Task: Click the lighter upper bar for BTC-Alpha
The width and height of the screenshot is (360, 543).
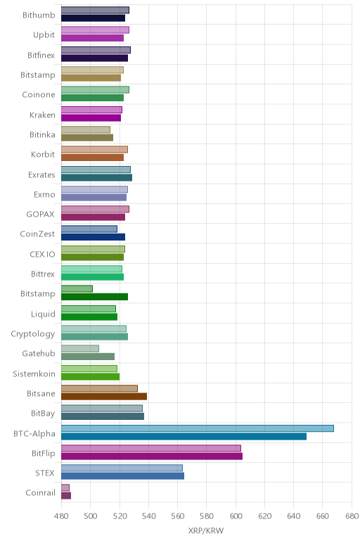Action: tap(198, 428)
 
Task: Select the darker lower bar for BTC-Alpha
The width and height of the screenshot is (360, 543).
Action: tap(184, 436)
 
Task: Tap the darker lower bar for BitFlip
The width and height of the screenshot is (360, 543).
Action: tap(152, 456)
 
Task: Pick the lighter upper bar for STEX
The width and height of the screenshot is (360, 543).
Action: tap(122, 468)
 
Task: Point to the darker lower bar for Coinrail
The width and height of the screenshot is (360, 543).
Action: tap(66, 496)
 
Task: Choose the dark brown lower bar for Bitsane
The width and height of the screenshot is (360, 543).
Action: tap(104, 396)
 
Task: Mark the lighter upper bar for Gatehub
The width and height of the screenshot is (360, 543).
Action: tap(80, 348)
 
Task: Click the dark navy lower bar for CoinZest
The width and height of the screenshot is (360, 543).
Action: tap(93, 237)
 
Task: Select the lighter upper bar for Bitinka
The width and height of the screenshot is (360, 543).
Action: tap(86, 130)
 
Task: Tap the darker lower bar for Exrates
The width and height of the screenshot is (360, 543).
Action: tap(96, 178)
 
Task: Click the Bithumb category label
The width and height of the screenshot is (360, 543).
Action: tap(39, 15)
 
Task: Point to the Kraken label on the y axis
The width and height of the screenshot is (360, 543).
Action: tap(42, 115)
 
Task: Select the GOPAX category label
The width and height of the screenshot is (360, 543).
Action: tap(41, 215)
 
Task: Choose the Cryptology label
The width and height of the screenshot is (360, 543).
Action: tap(33, 334)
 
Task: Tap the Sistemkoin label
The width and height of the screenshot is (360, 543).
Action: tap(34, 373)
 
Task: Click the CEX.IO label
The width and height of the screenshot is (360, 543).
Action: tap(42, 254)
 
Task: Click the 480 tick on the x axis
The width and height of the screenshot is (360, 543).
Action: tap(61, 516)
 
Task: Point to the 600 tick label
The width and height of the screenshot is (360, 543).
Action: tap(236, 516)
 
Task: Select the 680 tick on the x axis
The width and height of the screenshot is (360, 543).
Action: tap(352, 516)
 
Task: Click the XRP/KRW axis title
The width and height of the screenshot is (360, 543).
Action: tap(206, 530)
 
